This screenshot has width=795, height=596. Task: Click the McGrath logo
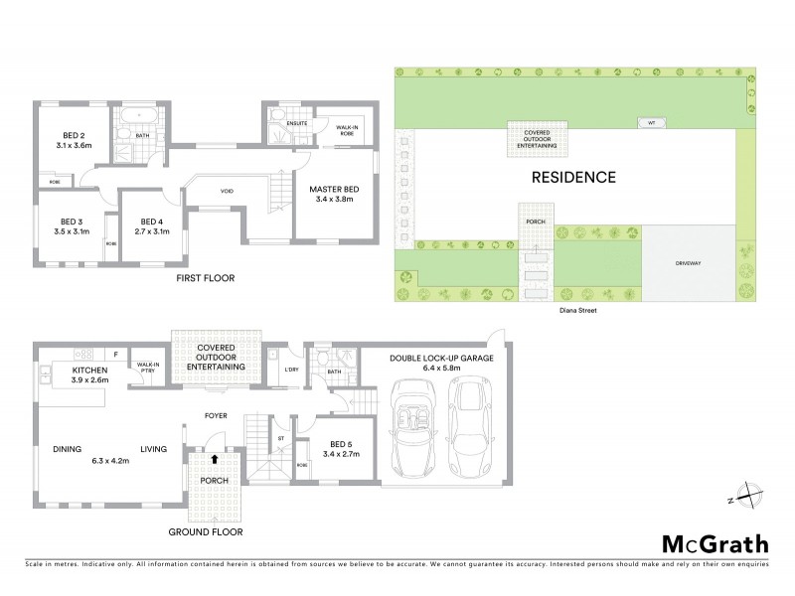tap(714, 543)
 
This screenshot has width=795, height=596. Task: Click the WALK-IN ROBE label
tap(348, 132)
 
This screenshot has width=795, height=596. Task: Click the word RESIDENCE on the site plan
tap(572, 178)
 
